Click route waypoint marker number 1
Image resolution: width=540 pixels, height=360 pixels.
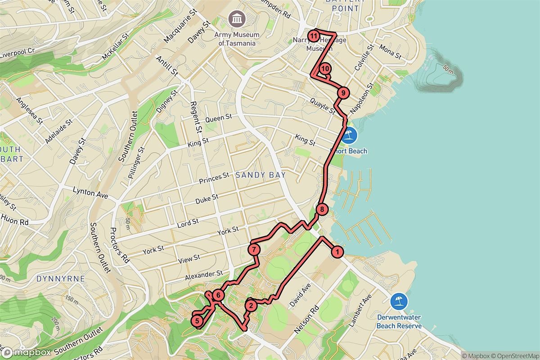point(337,252)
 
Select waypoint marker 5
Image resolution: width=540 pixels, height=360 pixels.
point(197,321)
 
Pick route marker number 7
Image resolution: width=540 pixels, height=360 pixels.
point(254,249)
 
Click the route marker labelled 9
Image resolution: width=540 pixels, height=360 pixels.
point(343,93)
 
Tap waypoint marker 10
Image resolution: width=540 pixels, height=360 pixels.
point(325,69)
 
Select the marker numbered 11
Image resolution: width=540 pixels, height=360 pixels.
point(314,36)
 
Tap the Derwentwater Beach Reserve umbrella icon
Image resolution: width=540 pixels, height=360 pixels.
point(399,301)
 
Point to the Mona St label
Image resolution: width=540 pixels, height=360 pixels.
point(390,52)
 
